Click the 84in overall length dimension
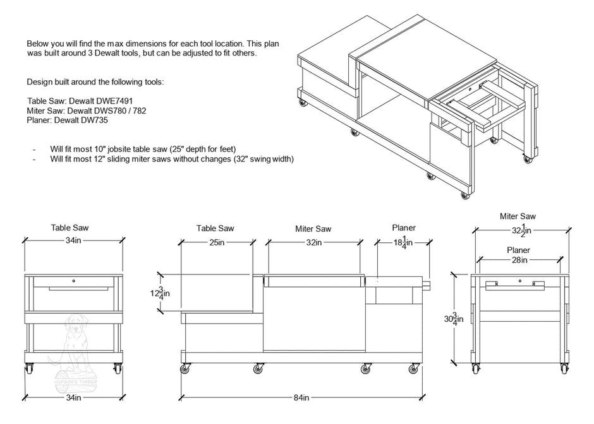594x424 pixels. click(x=301, y=397)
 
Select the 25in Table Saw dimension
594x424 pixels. click(x=216, y=242)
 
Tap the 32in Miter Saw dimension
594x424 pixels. click(x=314, y=242)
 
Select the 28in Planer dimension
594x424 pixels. click(x=519, y=259)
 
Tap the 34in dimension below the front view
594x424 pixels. click(x=73, y=397)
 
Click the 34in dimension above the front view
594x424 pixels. click(x=73, y=241)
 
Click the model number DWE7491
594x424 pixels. click(x=111, y=100)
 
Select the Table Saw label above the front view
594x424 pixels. click(x=73, y=227)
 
